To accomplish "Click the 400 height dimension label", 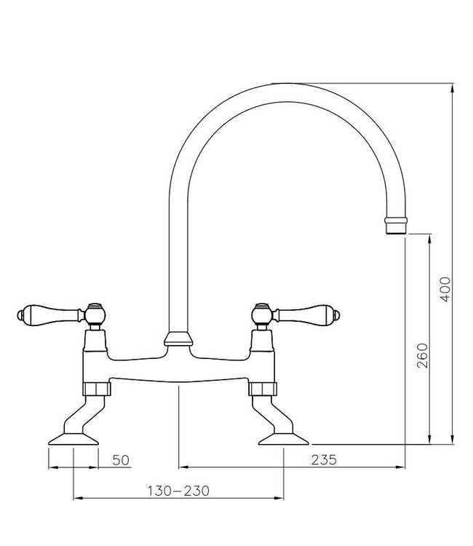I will [446, 290].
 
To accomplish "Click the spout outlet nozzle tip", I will [394, 224].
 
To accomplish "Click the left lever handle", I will [51, 314].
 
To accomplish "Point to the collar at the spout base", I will [179, 339].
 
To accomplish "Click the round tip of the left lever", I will [18, 315].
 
